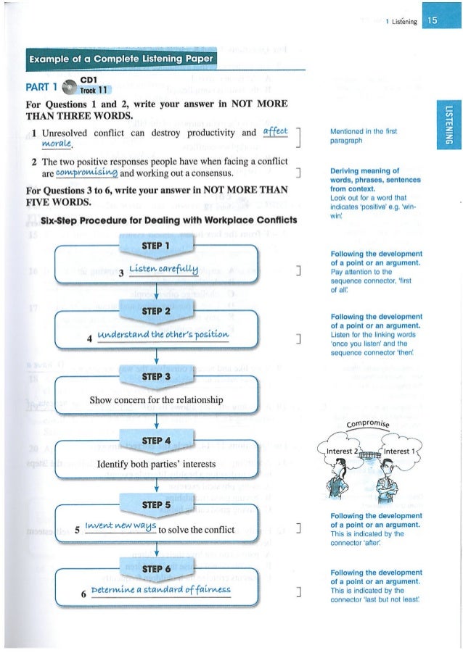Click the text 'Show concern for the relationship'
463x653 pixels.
pyautogui.click(x=157, y=399)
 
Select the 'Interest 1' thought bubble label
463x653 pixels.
pyautogui.click(x=403, y=453)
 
